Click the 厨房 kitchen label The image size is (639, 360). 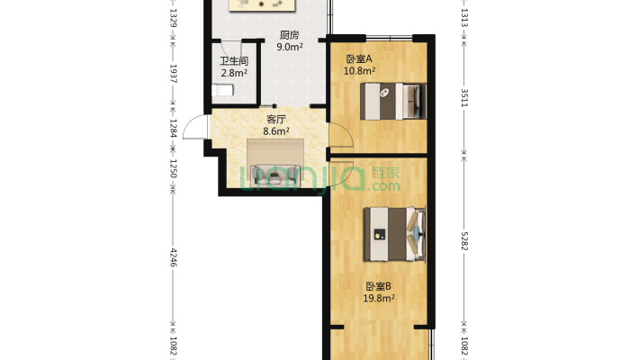pyautogui.click(x=289, y=35)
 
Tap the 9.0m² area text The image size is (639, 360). pyautogui.click(x=289, y=47)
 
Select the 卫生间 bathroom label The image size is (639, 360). pyautogui.click(x=234, y=61)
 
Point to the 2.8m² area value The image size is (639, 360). pyautogui.click(x=234, y=74)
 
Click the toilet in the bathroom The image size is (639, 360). pyautogui.click(x=222, y=90)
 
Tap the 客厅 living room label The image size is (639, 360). pyautogui.click(x=276, y=120)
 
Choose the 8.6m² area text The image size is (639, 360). pyautogui.click(x=276, y=131)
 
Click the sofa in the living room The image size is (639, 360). pyautogui.click(x=275, y=163)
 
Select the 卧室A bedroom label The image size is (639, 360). pyautogui.click(x=358, y=59)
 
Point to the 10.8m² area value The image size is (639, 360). pyautogui.click(x=359, y=71)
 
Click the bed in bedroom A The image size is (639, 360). pyautogui.click(x=393, y=101)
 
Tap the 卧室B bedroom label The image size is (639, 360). pyautogui.click(x=378, y=286)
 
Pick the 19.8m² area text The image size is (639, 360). pyautogui.click(x=379, y=299)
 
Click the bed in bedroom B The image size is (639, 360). pyautogui.click(x=394, y=234)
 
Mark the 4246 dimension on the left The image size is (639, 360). pyautogui.click(x=173, y=257)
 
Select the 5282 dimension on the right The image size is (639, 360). pyautogui.click(x=464, y=241)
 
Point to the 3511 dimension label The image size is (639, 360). pyautogui.click(x=464, y=98)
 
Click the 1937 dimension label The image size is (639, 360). pyautogui.click(x=173, y=74)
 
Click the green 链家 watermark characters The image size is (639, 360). pyautogui.click(x=385, y=173)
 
